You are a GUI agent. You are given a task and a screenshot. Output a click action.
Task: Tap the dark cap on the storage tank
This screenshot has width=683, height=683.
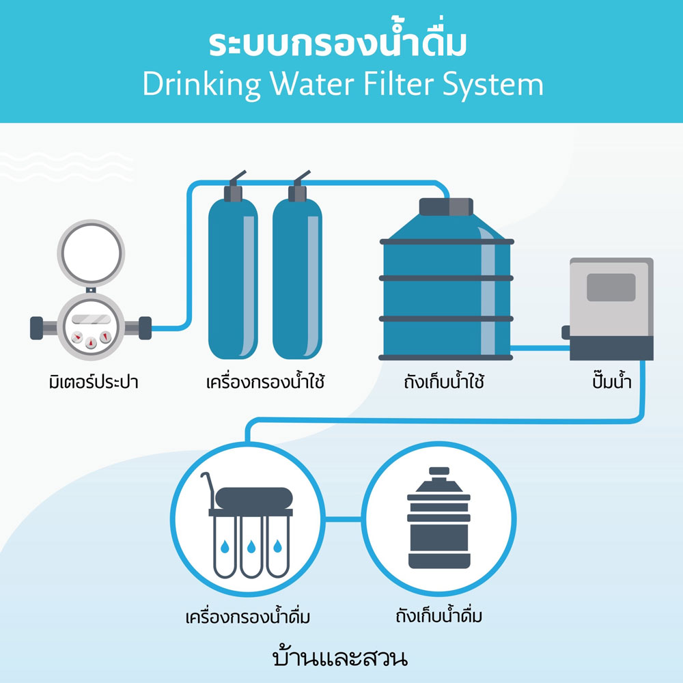(446, 207)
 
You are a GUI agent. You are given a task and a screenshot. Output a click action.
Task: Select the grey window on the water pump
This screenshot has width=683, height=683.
(611, 287)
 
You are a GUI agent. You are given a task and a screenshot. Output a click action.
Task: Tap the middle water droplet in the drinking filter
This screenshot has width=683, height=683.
(252, 547)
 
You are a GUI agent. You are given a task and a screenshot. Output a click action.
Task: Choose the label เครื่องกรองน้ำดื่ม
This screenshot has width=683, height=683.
(248, 618)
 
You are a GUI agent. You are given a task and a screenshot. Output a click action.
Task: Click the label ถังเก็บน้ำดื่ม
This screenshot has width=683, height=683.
(439, 618)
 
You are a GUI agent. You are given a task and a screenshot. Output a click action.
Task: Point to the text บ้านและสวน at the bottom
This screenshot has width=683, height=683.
(339, 659)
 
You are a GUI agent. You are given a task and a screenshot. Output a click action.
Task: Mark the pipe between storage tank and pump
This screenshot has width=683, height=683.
(540, 348)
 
